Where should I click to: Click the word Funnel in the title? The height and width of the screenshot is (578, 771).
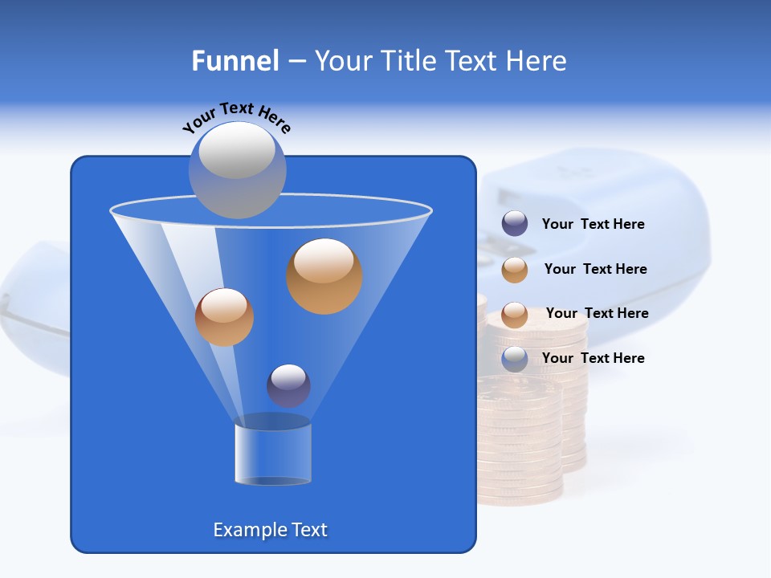point(235,61)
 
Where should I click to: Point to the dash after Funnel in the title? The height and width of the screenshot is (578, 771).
point(296,62)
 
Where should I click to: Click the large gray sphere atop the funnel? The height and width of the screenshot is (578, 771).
point(237,169)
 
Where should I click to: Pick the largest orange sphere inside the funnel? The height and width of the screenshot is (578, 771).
point(324,275)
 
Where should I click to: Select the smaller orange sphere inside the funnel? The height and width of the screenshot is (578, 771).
point(224,317)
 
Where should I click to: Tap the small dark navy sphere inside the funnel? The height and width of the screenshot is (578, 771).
point(288,385)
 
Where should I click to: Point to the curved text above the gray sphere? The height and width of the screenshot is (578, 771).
point(236,116)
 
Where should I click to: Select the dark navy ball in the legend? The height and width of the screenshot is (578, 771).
point(515,224)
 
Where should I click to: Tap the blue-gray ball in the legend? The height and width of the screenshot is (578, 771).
point(515,359)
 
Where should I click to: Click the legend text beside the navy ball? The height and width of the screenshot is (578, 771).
point(593,224)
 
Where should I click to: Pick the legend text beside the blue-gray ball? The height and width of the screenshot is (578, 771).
point(593,358)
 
